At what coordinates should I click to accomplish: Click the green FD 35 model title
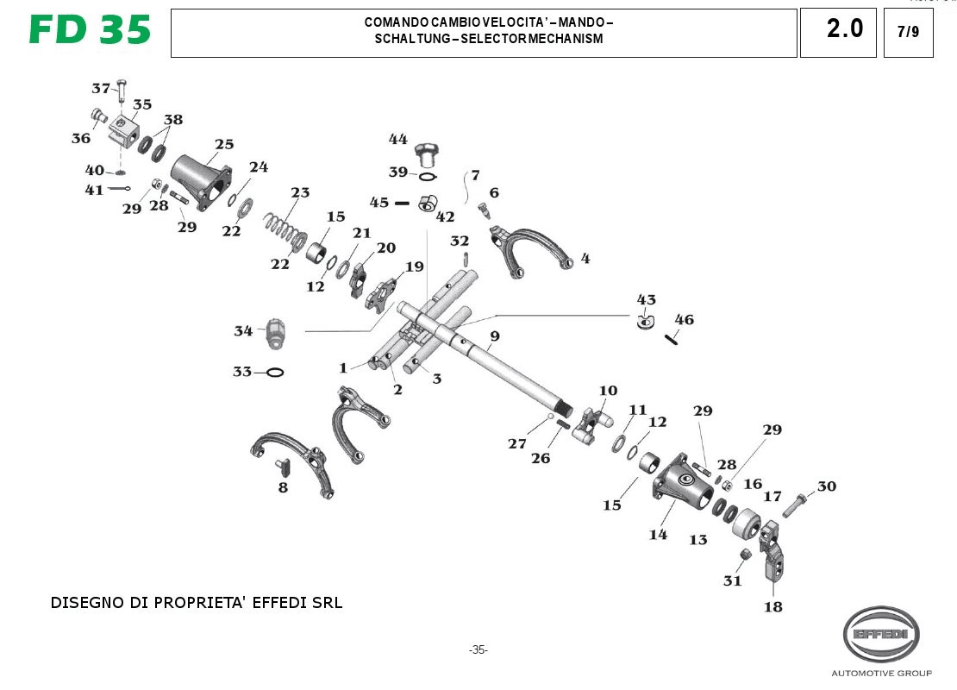point(90,30)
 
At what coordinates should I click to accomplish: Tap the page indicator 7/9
point(908,33)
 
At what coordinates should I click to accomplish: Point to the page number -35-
point(478,649)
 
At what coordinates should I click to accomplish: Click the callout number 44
point(397,139)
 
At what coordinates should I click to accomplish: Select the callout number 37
point(101,88)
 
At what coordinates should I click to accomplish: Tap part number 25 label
point(224,143)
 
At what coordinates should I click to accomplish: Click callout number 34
point(243,330)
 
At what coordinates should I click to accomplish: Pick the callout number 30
point(826,486)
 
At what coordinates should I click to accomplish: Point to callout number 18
point(773,606)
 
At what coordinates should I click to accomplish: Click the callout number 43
point(646,299)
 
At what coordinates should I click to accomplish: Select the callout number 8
point(283,488)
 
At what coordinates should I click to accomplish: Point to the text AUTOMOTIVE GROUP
point(880,673)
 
